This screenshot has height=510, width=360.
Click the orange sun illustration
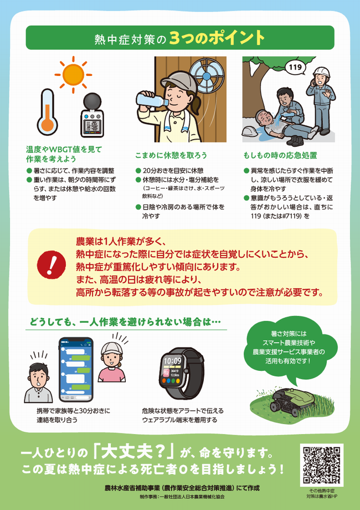click(x=73, y=74)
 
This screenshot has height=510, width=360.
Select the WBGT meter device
click(x=91, y=115)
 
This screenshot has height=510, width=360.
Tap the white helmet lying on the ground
click(x=251, y=130)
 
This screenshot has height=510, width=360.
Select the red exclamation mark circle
click(x=52, y=265)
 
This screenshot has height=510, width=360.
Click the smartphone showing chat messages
click(x=76, y=369)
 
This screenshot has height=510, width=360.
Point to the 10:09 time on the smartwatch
click(x=173, y=361)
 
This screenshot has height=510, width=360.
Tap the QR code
click(x=321, y=465)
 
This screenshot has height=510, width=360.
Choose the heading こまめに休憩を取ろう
click(x=171, y=155)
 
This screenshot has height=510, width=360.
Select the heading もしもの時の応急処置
click(x=280, y=155)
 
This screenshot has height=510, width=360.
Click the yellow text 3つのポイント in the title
click(x=217, y=38)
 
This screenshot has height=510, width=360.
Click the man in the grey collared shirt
click(x=38, y=382)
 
